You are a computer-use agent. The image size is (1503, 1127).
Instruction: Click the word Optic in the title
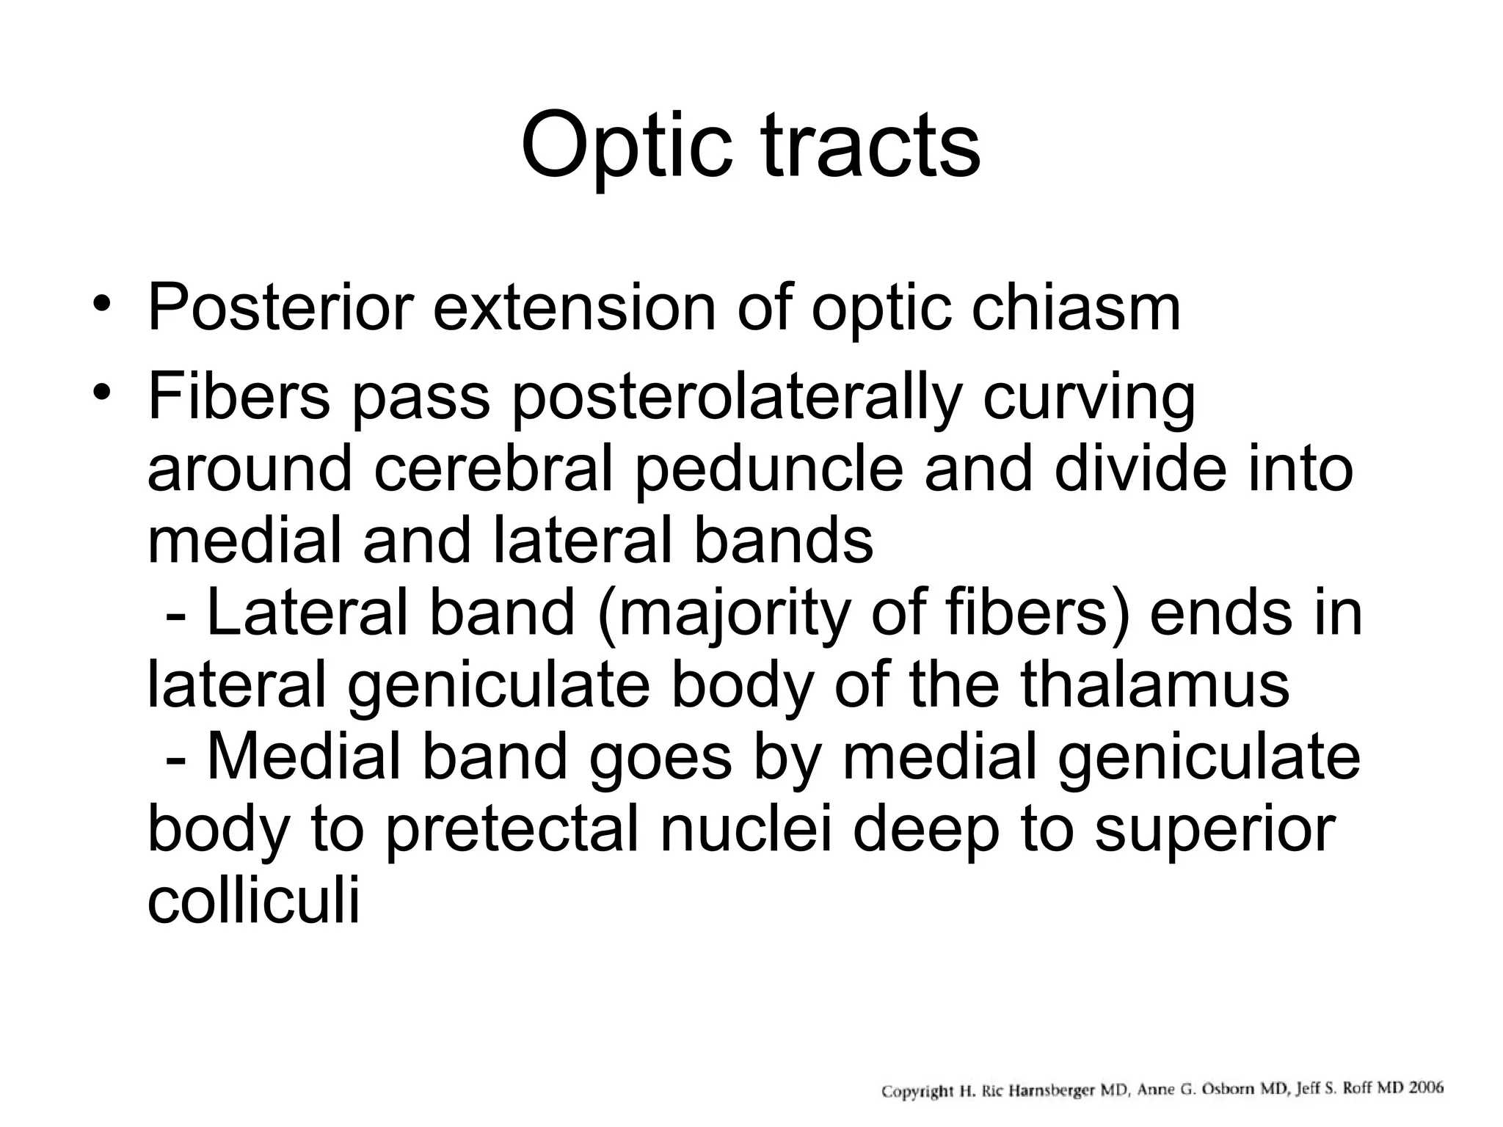626,146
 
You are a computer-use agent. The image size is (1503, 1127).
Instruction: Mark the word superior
1215,832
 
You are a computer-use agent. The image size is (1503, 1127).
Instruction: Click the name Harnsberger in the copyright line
1051,1090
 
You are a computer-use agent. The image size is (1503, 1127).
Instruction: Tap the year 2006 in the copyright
1422,1087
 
